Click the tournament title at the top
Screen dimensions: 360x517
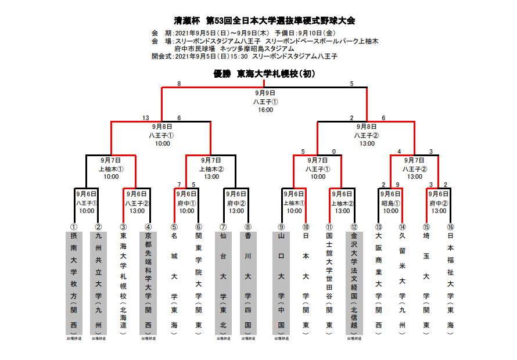pyautogui.click(x=264, y=21)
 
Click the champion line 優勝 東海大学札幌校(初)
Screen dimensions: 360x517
pyautogui.click(x=264, y=74)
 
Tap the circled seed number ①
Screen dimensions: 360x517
pyautogui.click(x=74, y=227)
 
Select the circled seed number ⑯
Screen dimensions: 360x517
pyautogui.click(x=450, y=227)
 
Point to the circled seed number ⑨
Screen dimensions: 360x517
pyautogui.click(x=281, y=227)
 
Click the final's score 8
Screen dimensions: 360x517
pyautogui.click(x=179, y=84)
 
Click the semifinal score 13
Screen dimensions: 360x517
pyautogui.click(x=146, y=118)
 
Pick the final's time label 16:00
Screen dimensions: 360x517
pyautogui.click(x=265, y=110)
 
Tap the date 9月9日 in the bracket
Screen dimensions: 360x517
pyautogui.click(x=265, y=93)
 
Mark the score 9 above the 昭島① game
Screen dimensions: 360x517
pyautogui.click(x=397, y=185)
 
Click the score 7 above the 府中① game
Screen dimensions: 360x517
pyautogui.click(x=179, y=185)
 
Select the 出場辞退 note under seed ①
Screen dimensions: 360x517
pyautogui.click(x=74, y=338)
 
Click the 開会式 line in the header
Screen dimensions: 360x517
pyautogui.click(x=244, y=56)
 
